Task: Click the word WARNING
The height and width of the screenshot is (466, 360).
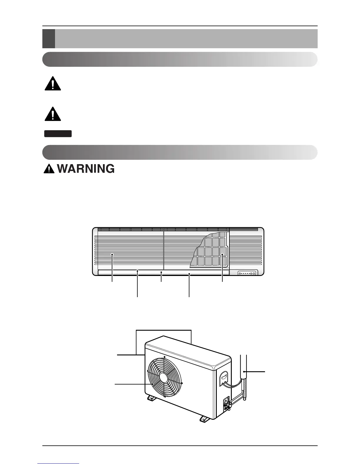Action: pos(85,169)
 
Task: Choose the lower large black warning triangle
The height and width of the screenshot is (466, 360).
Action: pos(53,113)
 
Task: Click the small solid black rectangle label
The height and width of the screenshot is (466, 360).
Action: pos(58,134)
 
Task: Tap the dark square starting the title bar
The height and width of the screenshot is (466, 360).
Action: pos(49,39)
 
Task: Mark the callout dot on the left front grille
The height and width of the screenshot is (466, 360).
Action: pos(112,255)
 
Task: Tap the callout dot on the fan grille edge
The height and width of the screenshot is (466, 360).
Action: pos(152,384)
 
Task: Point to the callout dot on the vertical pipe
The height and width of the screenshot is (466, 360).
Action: pos(244,372)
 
